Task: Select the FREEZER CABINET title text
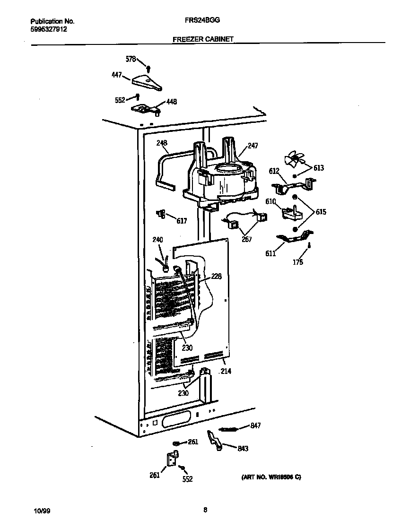pos(203,40)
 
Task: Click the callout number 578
pos(131,59)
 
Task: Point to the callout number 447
pos(117,75)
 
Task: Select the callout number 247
pos(253,146)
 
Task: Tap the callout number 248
pos(162,143)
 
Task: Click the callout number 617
pos(182,220)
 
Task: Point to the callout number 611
pos(270,254)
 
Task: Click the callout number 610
pos(270,202)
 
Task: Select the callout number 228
pos(217,276)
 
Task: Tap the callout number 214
pos(226,372)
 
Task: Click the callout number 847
pos(255,426)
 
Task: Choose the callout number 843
pos(243,449)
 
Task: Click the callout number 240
pos(157,240)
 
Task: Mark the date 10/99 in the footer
pos(41,511)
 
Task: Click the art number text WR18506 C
pos(268,477)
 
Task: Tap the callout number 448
pos(171,102)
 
